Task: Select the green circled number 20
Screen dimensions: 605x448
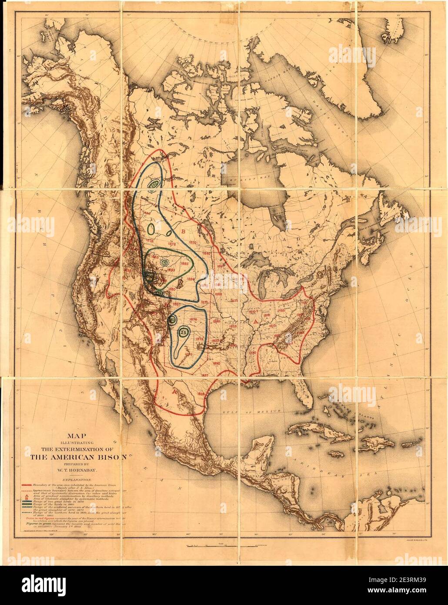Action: click(172, 320)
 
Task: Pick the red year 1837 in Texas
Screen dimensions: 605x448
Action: click(205, 375)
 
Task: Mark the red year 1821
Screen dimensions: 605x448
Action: click(234, 300)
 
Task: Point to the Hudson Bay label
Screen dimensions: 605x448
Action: click(238, 179)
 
